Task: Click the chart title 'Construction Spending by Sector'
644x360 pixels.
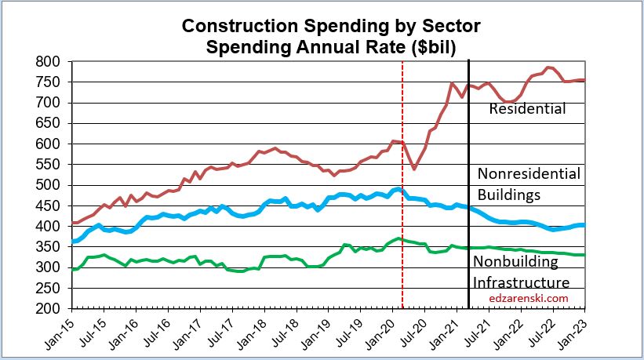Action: coord(331,26)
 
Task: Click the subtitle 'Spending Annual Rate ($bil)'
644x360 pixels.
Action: coord(331,46)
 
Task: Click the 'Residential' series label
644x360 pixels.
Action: coord(527,109)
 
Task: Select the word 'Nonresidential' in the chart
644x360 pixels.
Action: coord(529,173)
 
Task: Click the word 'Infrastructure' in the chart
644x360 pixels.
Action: coord(521,282)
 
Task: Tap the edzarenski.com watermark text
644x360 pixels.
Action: coord(529,298)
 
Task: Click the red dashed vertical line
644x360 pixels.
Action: coord(402,235)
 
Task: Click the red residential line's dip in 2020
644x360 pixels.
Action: coord(414,168)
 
